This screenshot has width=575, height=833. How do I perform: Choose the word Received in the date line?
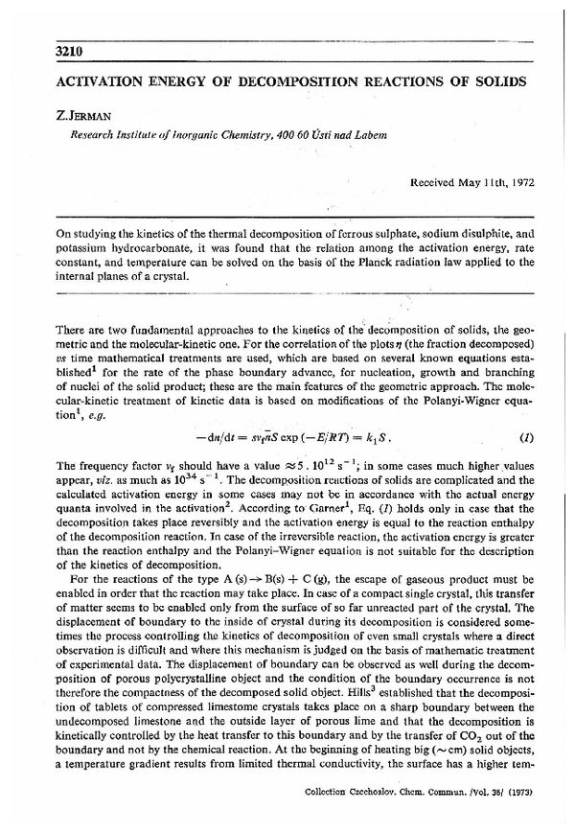[x=435, y=181]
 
